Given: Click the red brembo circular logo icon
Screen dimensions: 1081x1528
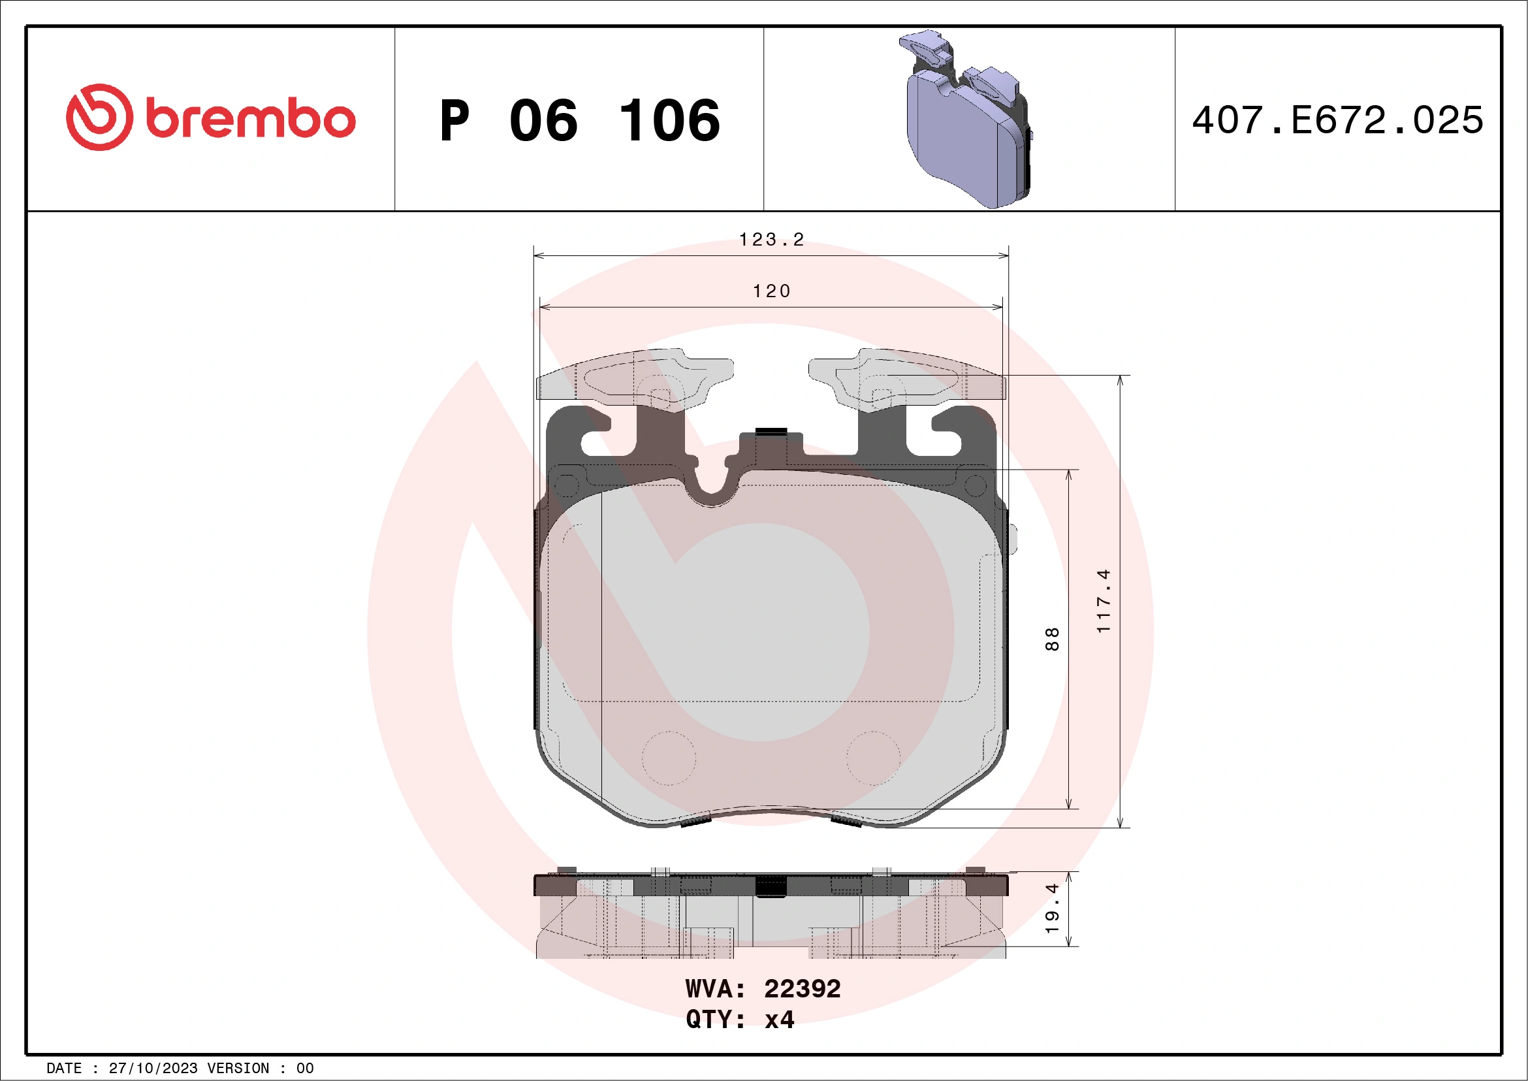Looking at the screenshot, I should [x=99, y=117].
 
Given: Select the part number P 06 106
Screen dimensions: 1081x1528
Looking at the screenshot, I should [x=580, y=120].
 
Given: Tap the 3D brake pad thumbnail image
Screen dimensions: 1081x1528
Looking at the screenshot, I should [x=968, y=120].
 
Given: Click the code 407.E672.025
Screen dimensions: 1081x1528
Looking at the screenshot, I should [x=1338, y=120].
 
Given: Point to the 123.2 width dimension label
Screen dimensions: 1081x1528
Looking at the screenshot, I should [x=771, y=240].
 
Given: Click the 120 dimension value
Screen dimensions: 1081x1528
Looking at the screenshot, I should [x=771, y=291].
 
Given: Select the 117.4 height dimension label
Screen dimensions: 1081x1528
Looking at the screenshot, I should [x=1104, y=600].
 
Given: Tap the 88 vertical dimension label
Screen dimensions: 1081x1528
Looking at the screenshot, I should [x=1051, y=639].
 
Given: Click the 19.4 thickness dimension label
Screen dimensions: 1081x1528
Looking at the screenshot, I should [x=1051, y=909].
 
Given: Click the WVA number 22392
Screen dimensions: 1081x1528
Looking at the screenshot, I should [x=802, y=989].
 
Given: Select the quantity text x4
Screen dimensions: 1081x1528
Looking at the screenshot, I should [x=779, y=1020].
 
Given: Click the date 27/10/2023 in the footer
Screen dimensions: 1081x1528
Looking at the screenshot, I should [x=153, y=1069].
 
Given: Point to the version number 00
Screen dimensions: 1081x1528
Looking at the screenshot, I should [x=305, y=1069].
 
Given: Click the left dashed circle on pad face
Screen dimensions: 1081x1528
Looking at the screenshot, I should [x=669, y=758].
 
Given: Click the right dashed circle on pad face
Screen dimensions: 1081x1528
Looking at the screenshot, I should [x=873, y=758].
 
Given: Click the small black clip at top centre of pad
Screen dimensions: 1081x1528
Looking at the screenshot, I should [x=771, y=431].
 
